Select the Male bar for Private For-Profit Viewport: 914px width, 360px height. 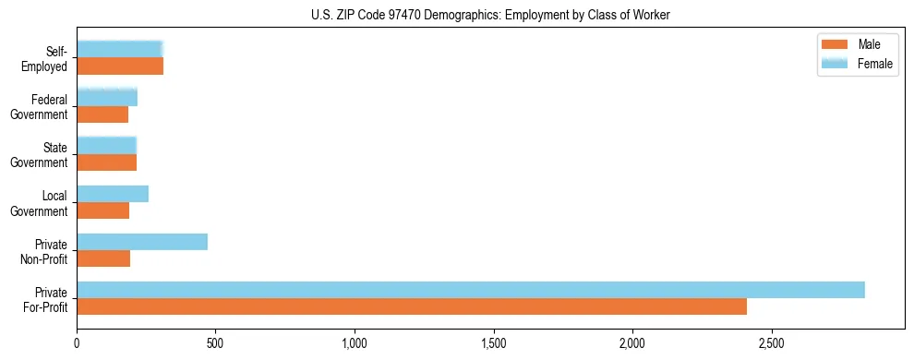tap(411, 306)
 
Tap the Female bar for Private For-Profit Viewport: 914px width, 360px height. tap(470, 290)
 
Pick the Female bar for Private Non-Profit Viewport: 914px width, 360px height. tap(142, 242)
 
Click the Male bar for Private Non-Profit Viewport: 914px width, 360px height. tap(103, 258)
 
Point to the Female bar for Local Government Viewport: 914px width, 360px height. tap(113, 194)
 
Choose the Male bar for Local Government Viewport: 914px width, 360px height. tap(102, 210)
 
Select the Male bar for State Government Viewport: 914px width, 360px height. tap(106, 162)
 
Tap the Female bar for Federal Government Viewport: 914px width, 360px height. tap(107, 97)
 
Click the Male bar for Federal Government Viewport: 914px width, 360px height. tap(102, 114)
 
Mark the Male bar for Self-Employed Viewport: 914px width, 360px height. tap(120, 66)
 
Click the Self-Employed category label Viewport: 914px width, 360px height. tap(49, 58)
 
